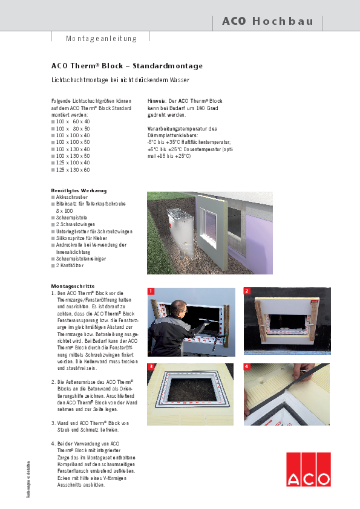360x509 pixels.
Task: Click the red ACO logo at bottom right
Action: click(x=309, y=469)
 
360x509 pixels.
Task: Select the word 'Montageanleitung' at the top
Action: click(x=101, y=38)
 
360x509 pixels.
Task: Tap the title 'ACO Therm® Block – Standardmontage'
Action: click(x=127, y=66)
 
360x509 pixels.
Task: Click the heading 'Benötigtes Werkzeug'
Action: click(x=78, y=190)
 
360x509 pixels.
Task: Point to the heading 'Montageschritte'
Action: click(x=73, y=285)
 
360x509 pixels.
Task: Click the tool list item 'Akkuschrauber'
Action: click(x=72, y=197)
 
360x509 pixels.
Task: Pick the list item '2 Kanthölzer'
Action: click(x=71, y=265)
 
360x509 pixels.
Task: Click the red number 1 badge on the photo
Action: click(x=151, y=291)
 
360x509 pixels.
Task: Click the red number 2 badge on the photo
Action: click(x=247, y=291)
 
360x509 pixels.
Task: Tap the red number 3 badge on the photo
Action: click(x=151, y=367)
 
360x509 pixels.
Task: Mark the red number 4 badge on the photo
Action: click(x=247, y=367)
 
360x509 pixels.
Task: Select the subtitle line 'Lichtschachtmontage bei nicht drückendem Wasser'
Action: click(x=120, y=80)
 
